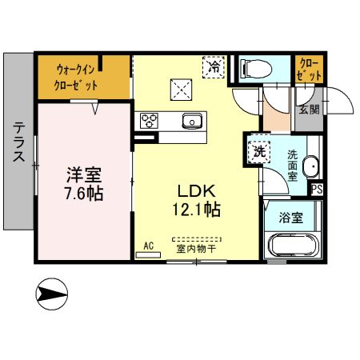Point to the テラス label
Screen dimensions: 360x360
(x=18, y=144)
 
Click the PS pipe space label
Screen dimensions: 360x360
(x=317, y=190)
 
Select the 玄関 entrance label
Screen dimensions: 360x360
(x=309, y=109)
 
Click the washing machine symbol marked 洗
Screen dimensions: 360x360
(x=259, y=150)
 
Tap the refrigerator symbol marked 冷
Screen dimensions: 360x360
(x=214, y=67)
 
